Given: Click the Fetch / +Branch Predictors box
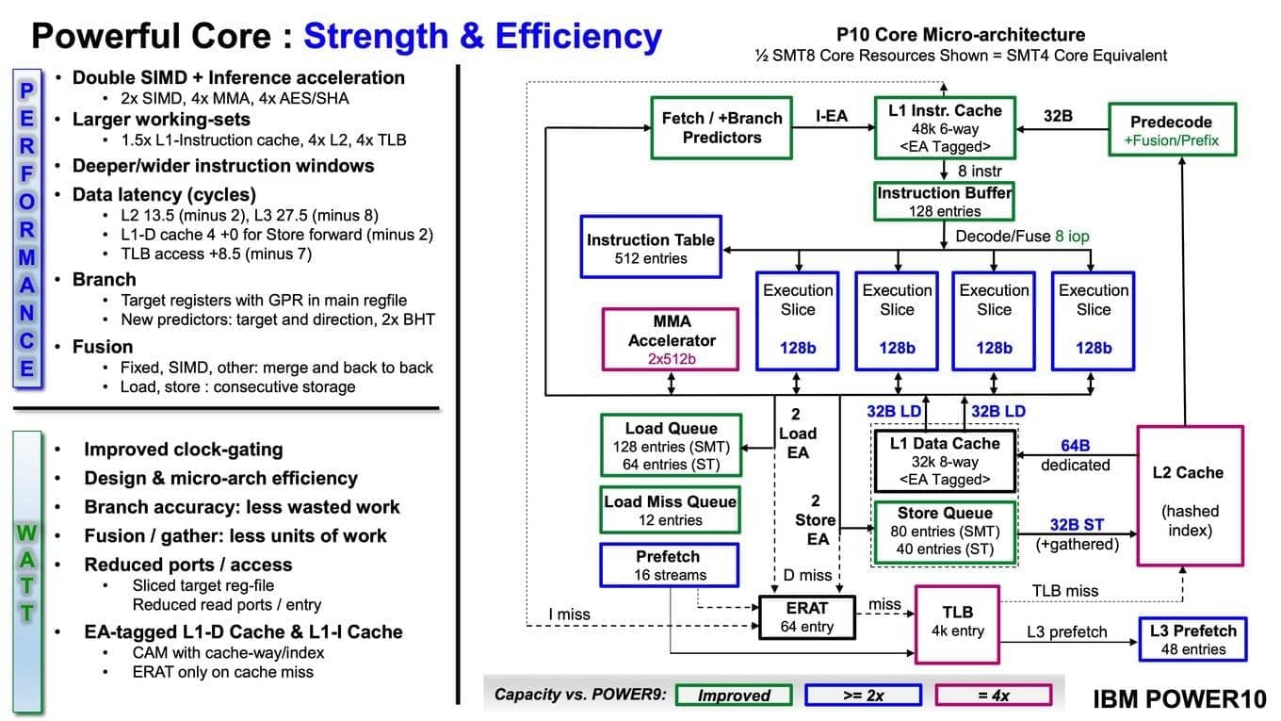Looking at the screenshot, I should [x=722, y=128].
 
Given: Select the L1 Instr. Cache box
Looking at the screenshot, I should [x=945, y=127].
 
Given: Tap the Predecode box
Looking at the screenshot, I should [x=1171, y=131].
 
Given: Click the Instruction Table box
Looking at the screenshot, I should [x=651, y=248].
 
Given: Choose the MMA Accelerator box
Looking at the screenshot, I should [x=672, y=339].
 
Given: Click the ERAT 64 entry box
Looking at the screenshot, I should [x=806, y=617].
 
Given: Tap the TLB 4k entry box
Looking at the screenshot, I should [x=957, y=622].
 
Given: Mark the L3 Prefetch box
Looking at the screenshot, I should [x=1192, y=639].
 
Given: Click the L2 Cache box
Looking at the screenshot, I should [x=1191, y=496].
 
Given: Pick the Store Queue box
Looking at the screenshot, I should [x=944, y=532].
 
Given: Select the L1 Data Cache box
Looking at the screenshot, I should [x=945, y=461].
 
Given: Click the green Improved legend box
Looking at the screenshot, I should [x=734, y=696].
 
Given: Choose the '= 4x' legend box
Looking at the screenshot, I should [x=994, y=696].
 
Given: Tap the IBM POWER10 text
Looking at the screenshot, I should [x=1179, y=698].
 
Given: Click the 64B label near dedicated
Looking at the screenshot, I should [x=1075, y=445].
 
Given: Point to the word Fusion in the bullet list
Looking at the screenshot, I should [x=103, y=347].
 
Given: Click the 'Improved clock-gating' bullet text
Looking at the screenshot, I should [x=183, y=450].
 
